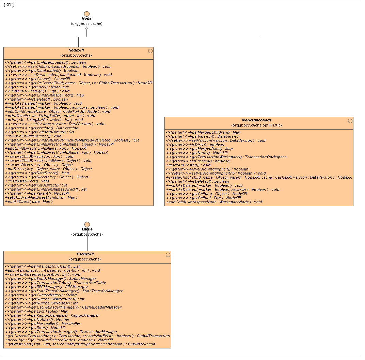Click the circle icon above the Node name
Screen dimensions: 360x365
pyautogui.click(x=87, y=13)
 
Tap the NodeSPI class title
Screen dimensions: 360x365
pyautogui.click(x=76, y=50)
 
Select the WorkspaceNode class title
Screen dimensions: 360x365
pyautogui.click(x=257, y=120)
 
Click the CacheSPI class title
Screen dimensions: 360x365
pyautogui.click(x=85, y=254)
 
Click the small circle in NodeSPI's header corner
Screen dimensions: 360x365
pyautogui.click(x=150, y=51)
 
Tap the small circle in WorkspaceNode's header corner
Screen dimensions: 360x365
pyautogui.click(x=350, y=121)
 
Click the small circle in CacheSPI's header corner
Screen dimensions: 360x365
pyautogui.click(x=168, y=255)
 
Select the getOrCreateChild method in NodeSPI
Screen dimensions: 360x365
pyautogui.click(x=79, y=83)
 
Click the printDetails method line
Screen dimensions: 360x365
pyautogui.click(x=50, y=116)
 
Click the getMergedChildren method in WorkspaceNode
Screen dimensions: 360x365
pyautogui.click(x=203, y=132)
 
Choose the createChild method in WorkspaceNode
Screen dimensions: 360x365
pyautogui.click(x=259, y=177)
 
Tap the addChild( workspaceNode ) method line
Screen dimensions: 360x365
pyautogui.click(x=214, y=202)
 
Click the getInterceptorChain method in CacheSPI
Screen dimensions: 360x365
pyautogui.click(x=42, y=266)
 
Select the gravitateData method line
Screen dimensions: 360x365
pyautogui.click(x=80, y=344)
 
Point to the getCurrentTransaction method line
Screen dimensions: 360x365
pyautogui.click(x=87, y=336)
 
